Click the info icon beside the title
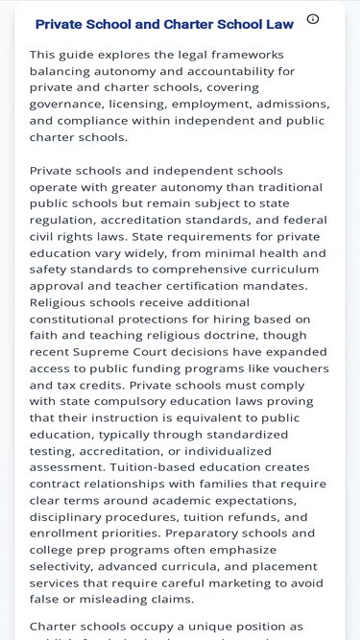pos(313,19)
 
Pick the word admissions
pos(292,104)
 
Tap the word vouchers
pos(298,368)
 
